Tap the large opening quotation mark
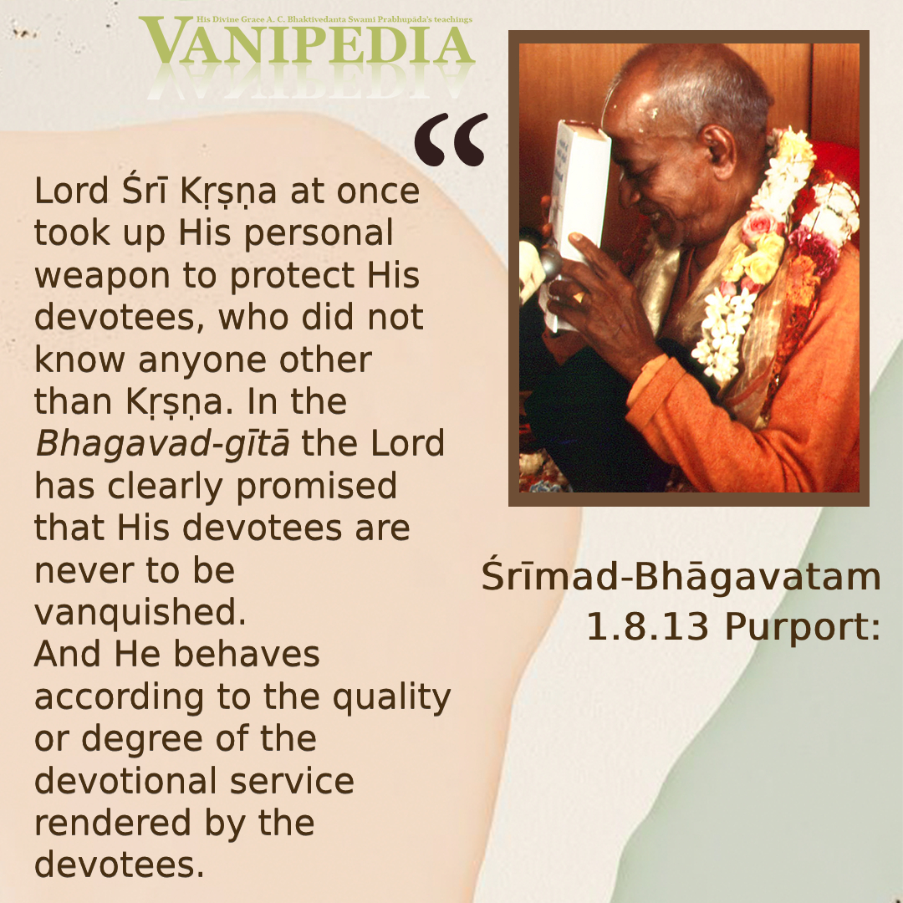(x=451, y=140)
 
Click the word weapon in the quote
(x=102, y=277)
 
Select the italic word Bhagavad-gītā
(x=162, y=444)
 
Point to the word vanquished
(x=140, y=611)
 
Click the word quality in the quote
(x=391, y=698)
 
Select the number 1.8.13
(x=647, y=626)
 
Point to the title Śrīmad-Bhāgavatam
(x=681, y=576)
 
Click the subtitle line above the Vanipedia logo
(x=334, y=19)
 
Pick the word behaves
(x=247, y=654)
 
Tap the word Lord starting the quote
(x=71, y=191)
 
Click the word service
(x=292, y=782)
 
